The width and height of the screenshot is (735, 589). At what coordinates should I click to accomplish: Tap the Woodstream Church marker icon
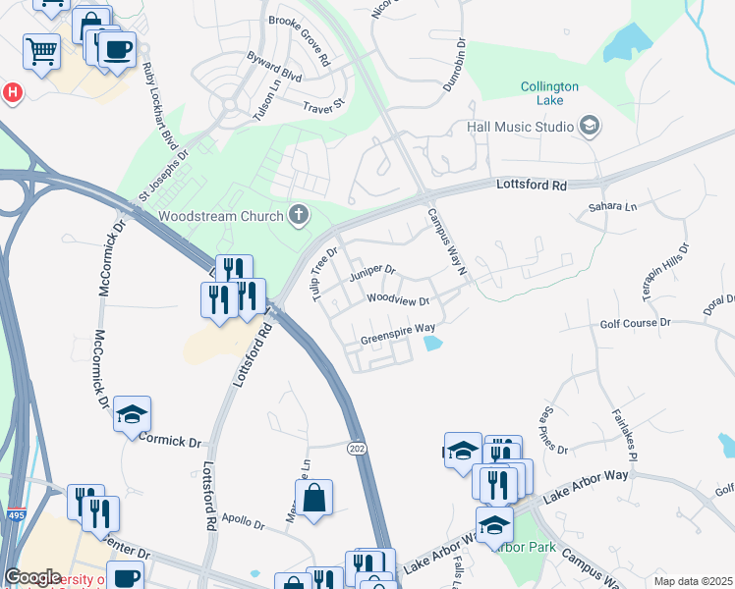tap(300, 215)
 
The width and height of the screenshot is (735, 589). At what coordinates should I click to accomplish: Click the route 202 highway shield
tap(358, 448)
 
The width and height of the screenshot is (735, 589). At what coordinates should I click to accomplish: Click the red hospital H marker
tap(13, 93)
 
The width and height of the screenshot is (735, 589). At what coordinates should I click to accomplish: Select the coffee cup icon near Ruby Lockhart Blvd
tap(117, 49)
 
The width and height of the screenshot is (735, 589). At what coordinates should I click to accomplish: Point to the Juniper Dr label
tap(371, 270)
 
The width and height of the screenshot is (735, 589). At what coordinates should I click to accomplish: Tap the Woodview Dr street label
tap(399, 299)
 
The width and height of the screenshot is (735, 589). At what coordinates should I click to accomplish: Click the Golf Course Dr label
tap(635, 322)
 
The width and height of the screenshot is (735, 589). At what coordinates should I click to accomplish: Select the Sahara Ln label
tap(613, 207)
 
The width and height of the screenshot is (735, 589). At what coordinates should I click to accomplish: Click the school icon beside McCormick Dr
tap(132, 414)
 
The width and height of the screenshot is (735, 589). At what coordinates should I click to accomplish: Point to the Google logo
tap(32, 577)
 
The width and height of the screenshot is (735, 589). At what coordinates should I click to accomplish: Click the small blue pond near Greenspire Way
tap(432, 344)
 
